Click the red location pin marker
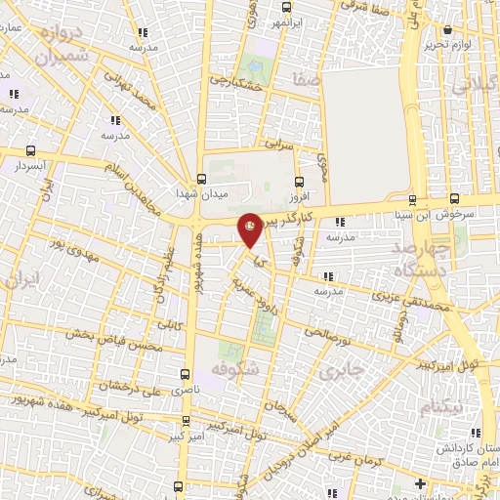(251, 229)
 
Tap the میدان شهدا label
(208, 193)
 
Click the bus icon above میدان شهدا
(201, 179)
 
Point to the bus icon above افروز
(299, 181)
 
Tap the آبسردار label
(33, 167)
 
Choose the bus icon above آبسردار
(32, 151)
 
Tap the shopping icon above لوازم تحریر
(447, 31)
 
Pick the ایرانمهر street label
(292, 21)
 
